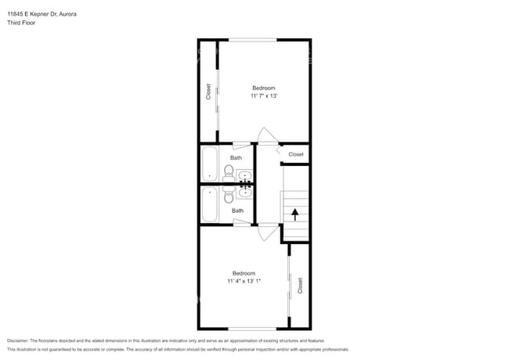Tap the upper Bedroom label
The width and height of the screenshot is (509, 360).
pos(263,88)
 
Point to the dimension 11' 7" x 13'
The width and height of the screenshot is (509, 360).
pos(264,95)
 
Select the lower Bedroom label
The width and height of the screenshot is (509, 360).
pos(244,272)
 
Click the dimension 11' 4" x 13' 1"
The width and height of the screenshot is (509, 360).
pos(244,280)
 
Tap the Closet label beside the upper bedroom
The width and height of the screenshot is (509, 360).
pos(208,92)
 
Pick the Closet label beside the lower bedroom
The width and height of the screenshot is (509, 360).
pos(300,285)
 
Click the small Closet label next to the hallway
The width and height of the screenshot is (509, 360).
pos(296,154)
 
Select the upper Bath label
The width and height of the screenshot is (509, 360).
pos(236,158)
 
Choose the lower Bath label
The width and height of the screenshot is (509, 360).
pos(237,211)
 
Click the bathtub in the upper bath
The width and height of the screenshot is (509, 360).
pos(210,164)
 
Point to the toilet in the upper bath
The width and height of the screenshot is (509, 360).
pos(229,171)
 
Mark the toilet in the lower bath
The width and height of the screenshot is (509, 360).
pos(229,197)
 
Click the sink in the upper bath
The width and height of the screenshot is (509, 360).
pos(244,175)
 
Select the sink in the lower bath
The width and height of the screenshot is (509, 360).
pos(244,193)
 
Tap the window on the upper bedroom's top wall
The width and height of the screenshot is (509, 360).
pos(252,40)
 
